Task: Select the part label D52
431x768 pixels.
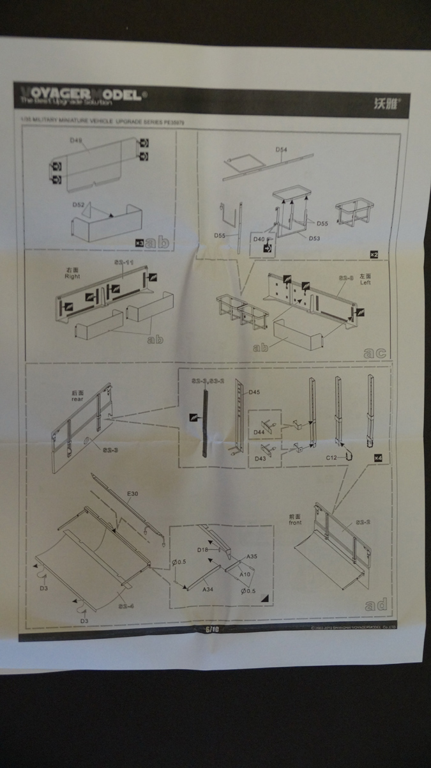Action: tap(79, 205)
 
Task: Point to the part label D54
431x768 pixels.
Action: tap(282, 150)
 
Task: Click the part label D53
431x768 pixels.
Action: tap(314, 238)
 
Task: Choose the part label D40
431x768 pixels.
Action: tap(259, 239)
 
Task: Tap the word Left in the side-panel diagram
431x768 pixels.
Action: tap(365, 282)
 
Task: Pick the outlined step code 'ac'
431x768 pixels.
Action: tap(375, 352)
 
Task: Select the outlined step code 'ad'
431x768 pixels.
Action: tap(375, 604)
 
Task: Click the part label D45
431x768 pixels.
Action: tap(254, 392)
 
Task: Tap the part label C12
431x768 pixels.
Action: tap(331, 457)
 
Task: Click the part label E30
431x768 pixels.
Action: tap(132, 494)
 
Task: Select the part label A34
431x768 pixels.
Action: tap(208, 590)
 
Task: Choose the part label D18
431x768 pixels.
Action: tap(203, 549)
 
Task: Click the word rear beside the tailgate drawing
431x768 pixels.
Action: tap(77, 399)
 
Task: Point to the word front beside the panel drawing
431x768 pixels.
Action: tap(295, 523)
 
